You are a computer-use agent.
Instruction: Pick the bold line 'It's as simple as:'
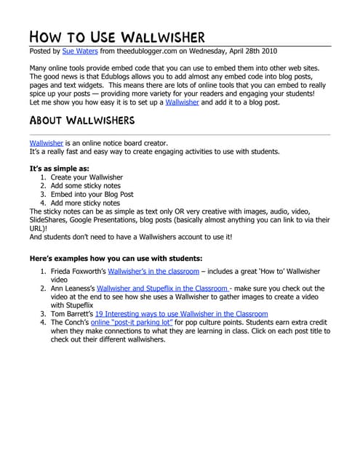tap(59, 169)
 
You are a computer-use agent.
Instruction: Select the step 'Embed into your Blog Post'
tap(92, 195)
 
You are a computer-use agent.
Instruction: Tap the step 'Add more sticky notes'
tap(86, 203)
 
